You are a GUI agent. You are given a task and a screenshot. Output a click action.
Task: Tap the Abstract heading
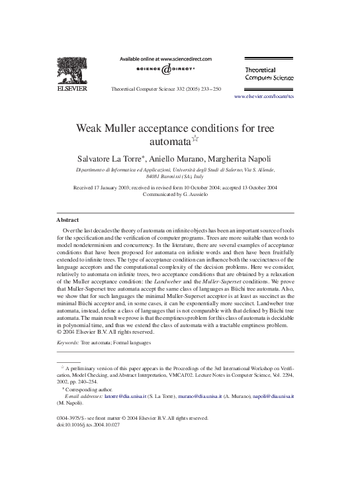(69, 219)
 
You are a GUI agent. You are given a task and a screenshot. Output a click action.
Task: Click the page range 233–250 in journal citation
(212, 88)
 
